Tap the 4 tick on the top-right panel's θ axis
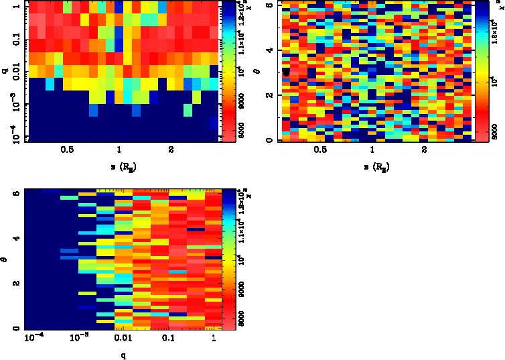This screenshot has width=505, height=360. tap(268, 50)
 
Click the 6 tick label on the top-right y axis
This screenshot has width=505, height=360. tap(268, 5)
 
